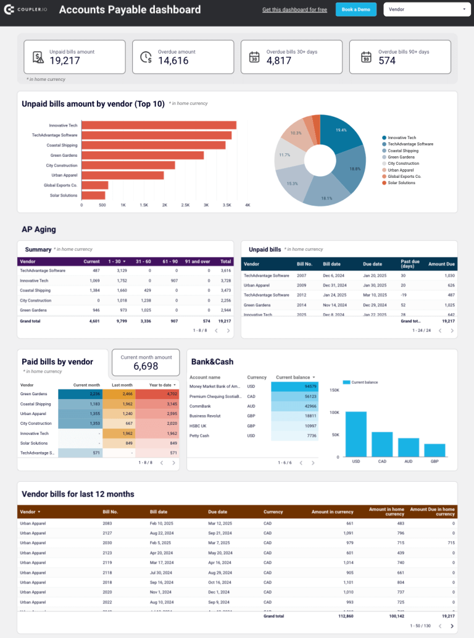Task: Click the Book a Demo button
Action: coord(355,9)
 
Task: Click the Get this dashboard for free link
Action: coord(294,10)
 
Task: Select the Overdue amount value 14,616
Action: coord(173,60)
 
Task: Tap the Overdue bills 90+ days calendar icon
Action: coord(366,57)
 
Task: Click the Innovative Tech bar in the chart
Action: coord(159,125)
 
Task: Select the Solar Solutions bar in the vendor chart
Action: coord(93,195)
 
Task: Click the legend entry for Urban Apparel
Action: coord(401,170)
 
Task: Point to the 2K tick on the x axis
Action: coord(164,205)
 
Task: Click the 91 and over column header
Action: coord(197,261)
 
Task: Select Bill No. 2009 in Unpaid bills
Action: coord(301,285)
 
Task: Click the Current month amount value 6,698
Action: coord(146,366)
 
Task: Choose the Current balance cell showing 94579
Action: coord(295,387)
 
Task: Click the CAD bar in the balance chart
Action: coord(382,443)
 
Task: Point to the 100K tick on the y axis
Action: coord(334,413)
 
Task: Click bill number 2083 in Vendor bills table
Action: coord(107,524)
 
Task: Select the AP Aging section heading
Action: coord(39,229)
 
